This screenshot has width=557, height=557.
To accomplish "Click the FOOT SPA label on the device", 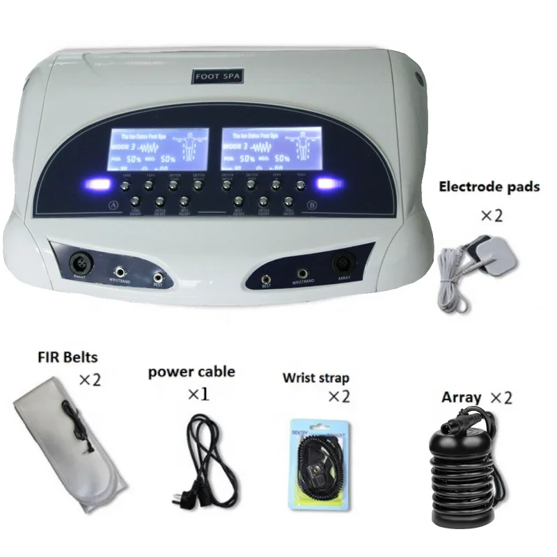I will coord(217,78).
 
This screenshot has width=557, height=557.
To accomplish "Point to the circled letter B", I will coord(310,205).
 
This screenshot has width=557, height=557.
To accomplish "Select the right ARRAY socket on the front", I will coord(343,264).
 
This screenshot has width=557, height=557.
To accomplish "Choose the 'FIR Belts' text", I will coord(68,358).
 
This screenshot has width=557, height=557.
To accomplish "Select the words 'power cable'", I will coord(191,371).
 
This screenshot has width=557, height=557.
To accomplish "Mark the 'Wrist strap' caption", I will coord(315,378).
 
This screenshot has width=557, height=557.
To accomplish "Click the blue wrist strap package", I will coord(317,461).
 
